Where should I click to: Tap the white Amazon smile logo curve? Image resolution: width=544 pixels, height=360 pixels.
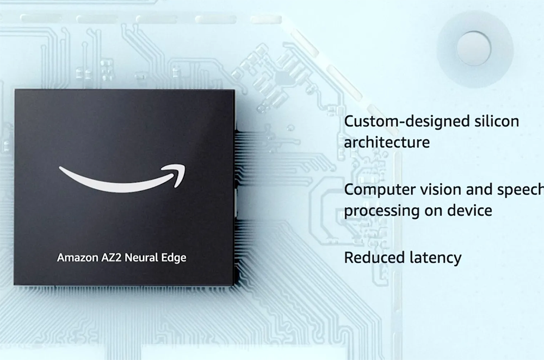[x=122, y=178]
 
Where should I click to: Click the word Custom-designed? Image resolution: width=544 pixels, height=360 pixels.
[x=407, y=122]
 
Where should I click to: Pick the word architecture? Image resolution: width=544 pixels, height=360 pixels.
[x=387, y=142]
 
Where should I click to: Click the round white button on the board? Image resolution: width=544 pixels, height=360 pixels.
[x=474, y=48]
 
